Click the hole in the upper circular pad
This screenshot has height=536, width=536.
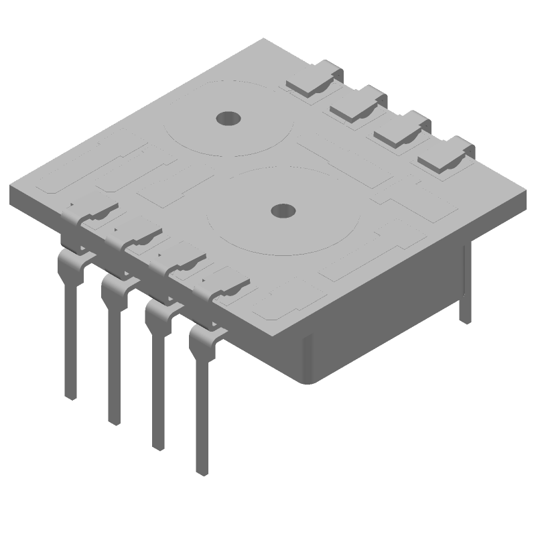(x=227, y=119)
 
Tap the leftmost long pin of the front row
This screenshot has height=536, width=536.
(x=70, y=335)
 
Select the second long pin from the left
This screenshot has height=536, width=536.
(x=114, y=362)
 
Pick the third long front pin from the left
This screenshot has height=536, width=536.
(x=157, y=389)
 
